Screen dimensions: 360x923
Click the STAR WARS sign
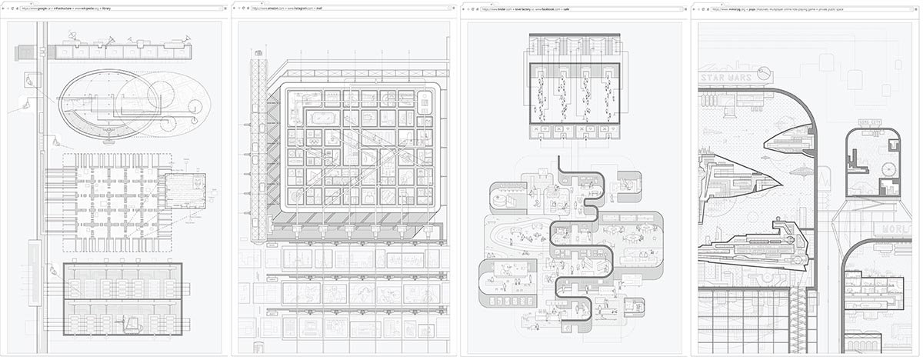point(727,77)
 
